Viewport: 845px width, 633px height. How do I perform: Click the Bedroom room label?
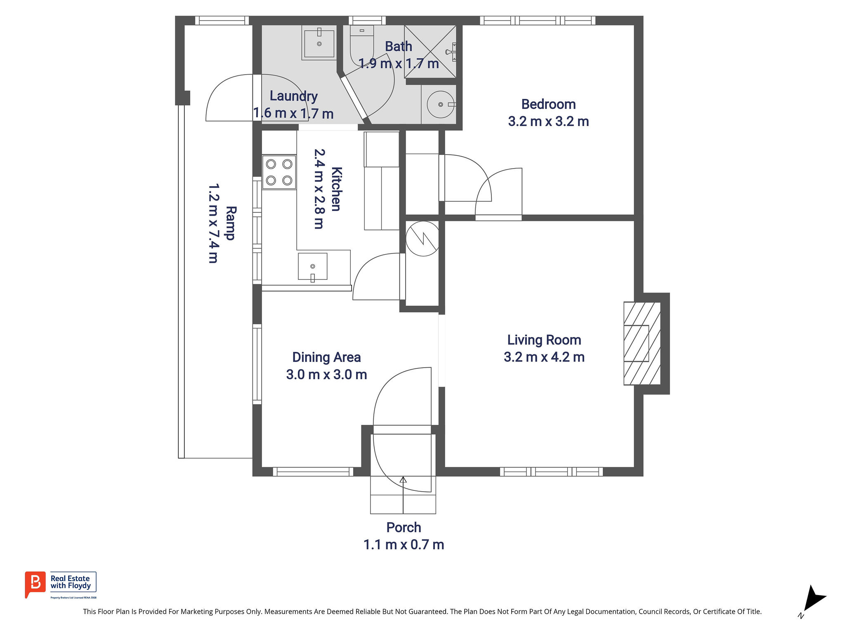[x=548, y=104]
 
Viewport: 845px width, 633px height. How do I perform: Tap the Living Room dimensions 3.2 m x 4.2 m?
[x=544, y=357]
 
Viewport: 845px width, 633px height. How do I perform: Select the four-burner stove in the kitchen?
[x=279, y=172]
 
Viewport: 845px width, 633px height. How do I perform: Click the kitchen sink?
[x=313, y=267]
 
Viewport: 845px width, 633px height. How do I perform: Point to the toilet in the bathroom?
[x=362, y=45]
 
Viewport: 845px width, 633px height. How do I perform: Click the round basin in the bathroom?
[x=441, y=105]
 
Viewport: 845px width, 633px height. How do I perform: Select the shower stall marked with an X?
[x=430, y=52]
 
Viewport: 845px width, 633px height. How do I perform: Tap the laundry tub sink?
[x=319, y=43]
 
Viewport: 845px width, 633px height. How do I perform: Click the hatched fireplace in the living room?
[x=642, y=343]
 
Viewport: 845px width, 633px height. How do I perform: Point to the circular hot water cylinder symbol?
[x=422, y=239]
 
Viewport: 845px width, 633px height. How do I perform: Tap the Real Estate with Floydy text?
[x=71, y=582]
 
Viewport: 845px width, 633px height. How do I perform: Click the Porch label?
[x=404, y=527]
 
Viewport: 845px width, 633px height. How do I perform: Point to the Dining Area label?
[x=326, y=357]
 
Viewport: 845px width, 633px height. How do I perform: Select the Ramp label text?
[x=230, y=223]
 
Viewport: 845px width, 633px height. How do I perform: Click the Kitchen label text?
[x=336, y=189]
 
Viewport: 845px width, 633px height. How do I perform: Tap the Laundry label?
[x=294, y=96]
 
